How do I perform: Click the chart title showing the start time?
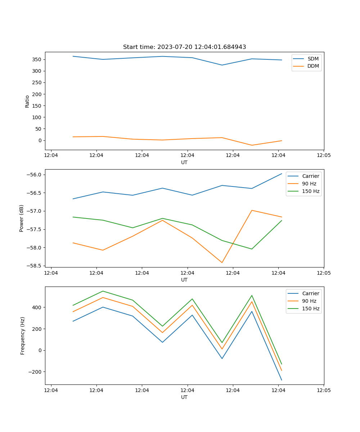click(184, 47)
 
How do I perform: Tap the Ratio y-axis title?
click(27, 102)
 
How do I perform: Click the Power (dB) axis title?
click(22, 218)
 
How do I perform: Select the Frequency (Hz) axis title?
click(23, 336)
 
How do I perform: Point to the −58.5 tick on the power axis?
click(34, 266)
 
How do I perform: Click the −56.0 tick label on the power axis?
click(34, 175)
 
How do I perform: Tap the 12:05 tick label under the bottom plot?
click(323, 390)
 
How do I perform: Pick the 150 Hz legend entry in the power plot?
click(311, 191)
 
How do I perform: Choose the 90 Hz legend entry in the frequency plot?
click(309, 301)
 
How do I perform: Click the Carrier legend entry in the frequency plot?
click(311, 293)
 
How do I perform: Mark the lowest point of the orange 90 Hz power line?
click(222, 262)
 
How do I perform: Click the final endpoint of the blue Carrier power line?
click(282, 174)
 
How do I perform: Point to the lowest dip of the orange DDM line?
click(252, 145)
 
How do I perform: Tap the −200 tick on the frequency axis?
click(36, 372)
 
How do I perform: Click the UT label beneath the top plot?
click(184, 162)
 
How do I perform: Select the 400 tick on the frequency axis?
click(37, 307)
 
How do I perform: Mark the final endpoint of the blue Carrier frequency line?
click(282, 380)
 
